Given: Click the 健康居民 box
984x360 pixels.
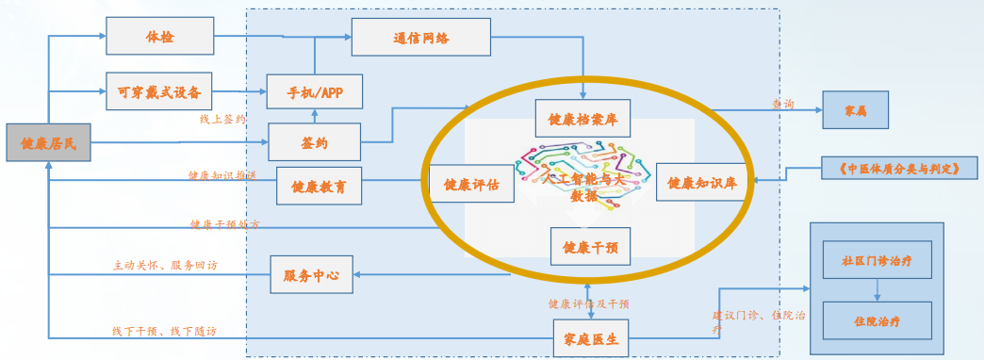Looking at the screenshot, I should point(49,142).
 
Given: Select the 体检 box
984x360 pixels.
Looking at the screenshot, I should point(160,37).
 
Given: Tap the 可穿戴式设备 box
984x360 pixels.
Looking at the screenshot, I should point(159,91).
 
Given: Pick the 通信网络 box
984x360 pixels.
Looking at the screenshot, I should point(421,38).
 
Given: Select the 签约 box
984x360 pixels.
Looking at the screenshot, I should point(315,142).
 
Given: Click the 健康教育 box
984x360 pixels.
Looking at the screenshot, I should point(319,187).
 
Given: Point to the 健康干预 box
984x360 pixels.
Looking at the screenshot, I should point(590,247).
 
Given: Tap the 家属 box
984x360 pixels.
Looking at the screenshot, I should point(856,110).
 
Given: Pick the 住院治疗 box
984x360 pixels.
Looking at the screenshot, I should point(877,320).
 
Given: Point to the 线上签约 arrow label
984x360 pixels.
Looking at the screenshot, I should point(222,120).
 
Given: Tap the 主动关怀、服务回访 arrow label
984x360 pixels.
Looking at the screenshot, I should point(165,266).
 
